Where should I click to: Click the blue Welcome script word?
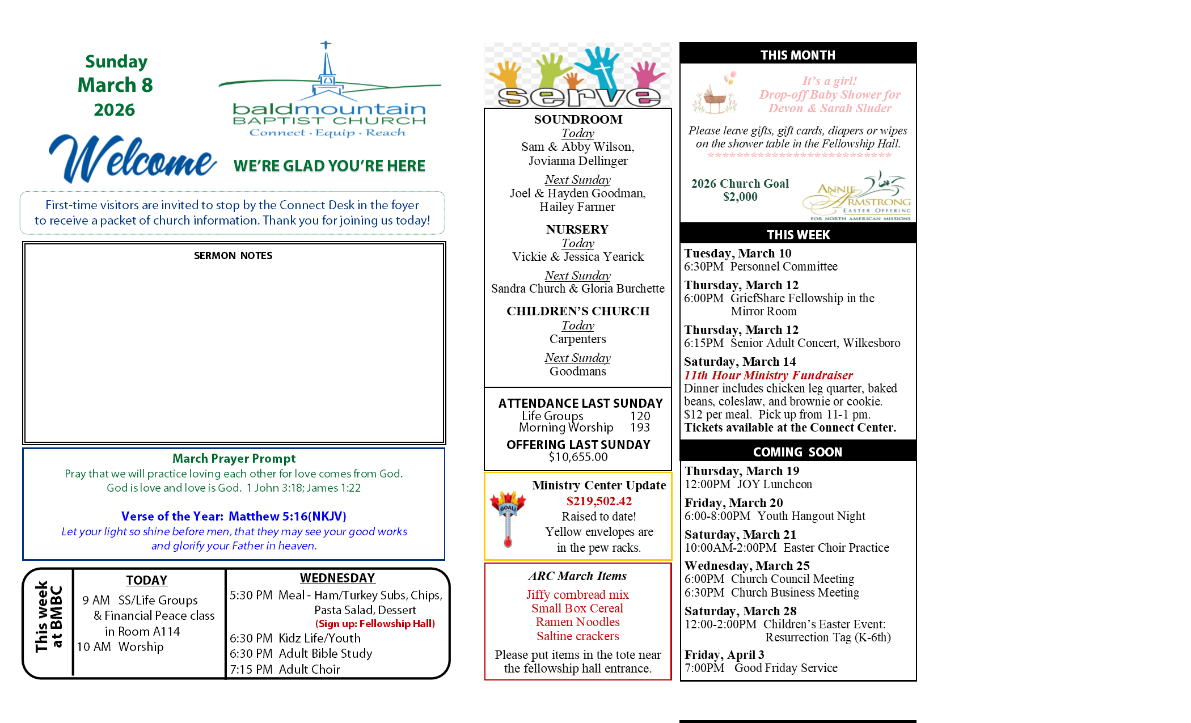click(x=133, y=159)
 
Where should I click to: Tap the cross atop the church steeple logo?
click(x=326, y=45)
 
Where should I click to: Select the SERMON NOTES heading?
click(x=233, y=256)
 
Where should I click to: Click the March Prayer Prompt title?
click(x=234, y=458)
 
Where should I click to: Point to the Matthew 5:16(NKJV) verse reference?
click(x=287, y=516)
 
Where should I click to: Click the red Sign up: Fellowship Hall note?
click(x=375, y=624)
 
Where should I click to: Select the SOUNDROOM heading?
click(x=578, y=119)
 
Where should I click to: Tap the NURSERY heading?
click(x=577, y=229)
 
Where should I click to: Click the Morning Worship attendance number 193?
click(x=640, y=428)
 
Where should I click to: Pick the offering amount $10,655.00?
click(x=578, y=457)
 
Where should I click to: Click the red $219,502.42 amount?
click(x=599, y=501)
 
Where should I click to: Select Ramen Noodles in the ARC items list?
click(x=577, y=622)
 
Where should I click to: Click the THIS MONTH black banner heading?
click(x=797, y=55)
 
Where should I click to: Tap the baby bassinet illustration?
click(x=715, y=96)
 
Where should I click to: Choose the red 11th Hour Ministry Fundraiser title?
click(x=768, y=375)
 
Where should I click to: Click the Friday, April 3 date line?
click(x=724, y=654)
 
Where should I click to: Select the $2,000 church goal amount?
click(x=740, y=197)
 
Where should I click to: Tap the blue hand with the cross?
click(x=603, y=66)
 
